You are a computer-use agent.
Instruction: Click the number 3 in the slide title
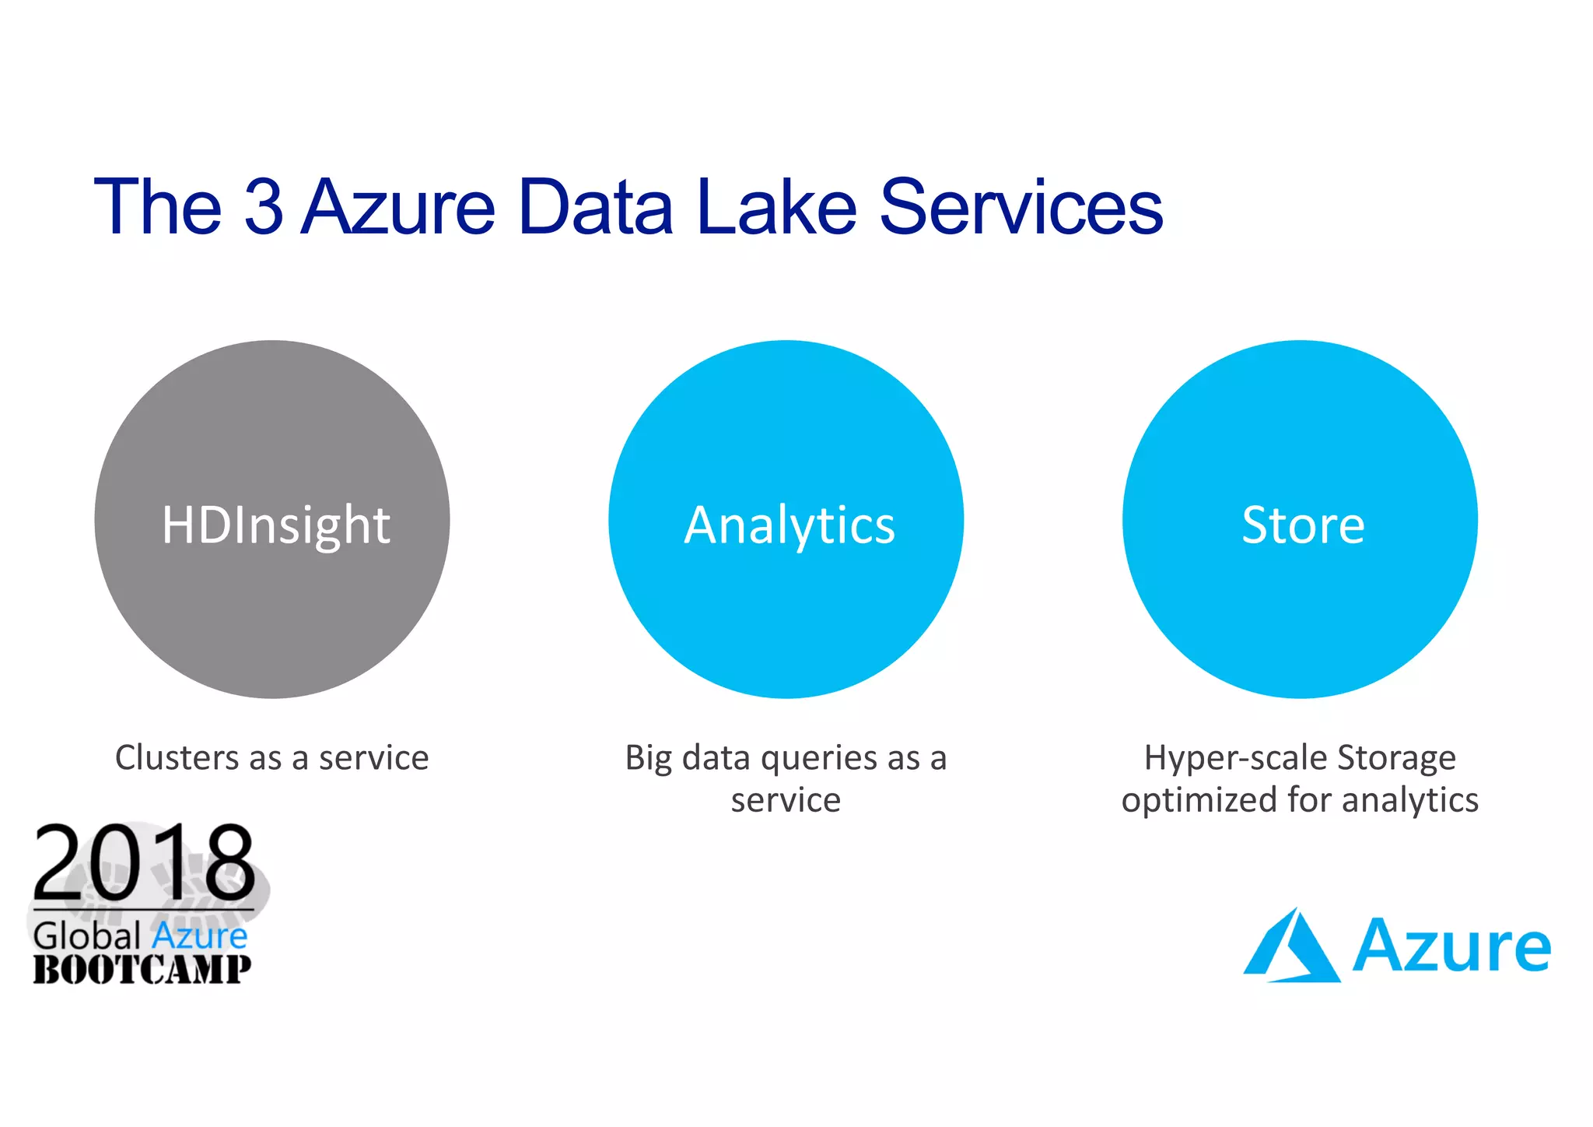[263, 207]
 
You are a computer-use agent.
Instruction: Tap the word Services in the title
[1021, 207]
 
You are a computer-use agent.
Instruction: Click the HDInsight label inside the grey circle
[275, 525]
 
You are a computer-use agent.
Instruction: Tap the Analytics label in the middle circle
[789, 525]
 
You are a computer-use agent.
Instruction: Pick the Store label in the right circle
[1303, 525]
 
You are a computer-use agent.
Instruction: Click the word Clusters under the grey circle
[177, 757]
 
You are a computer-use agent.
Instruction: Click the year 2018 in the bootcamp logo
[144, 863]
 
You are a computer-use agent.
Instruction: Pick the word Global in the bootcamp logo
[87, 936]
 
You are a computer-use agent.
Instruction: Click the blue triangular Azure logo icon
[1291, 946]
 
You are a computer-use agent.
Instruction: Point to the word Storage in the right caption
[1396, 758]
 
